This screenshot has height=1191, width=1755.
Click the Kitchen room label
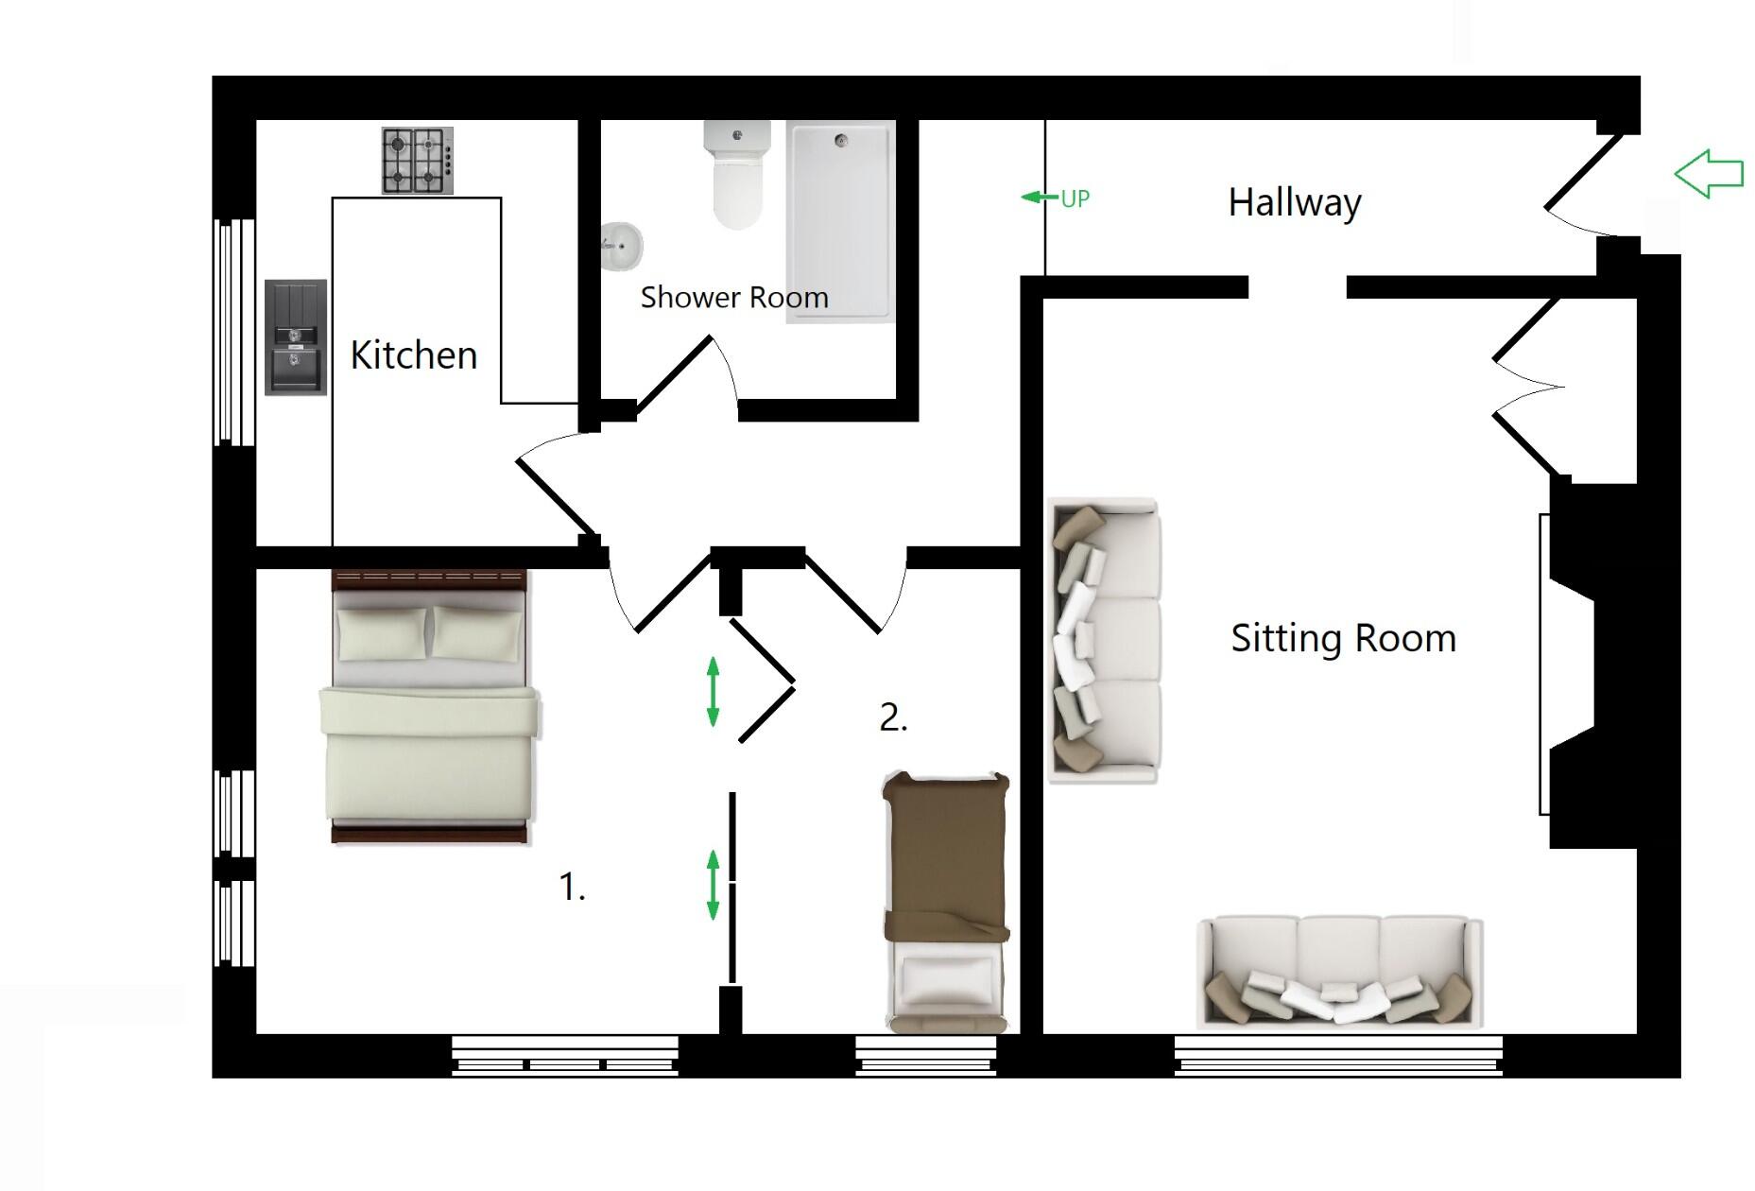[x=413, y=355]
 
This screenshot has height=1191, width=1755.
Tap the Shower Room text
[x=733, y=298]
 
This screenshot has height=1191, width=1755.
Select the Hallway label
[x=1294, y=202]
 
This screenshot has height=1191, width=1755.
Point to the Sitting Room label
[x=1342, y=639]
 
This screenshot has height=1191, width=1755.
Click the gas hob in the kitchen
[x=417, y=161]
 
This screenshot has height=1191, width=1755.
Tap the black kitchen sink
[x=296, y=337]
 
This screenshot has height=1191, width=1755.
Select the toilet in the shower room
[x=736, y=176]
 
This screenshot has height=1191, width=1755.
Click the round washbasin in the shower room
[x=621, y=246]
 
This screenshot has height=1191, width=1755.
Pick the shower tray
[x=840, y=221]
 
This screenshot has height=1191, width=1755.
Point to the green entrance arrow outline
[x=1709, y=173]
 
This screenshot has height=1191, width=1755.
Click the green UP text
[x=1075, y=198]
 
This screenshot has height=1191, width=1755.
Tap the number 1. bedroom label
[x=572, y=887]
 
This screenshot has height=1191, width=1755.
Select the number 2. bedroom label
[x=893, y=717]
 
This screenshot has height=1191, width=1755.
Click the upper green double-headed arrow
[x=714, y=692]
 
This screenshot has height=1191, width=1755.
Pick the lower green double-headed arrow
[x=714, y=885]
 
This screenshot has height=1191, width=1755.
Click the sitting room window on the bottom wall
[x=1338, y=1056]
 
